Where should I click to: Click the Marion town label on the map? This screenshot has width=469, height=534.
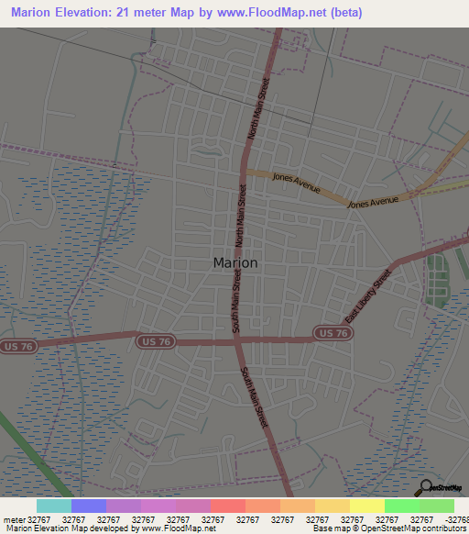pyautogui.click(x=234, y=262)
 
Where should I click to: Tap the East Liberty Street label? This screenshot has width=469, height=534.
pyautogui.click(x=367, y=296)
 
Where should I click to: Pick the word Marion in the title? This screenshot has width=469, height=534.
pyautogui.click(x=37, y=13)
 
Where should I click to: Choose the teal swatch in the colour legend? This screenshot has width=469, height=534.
pyautogui.click(x=54, y=506)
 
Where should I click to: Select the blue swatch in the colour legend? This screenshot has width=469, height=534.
pyautogui.click(x=89, y=506)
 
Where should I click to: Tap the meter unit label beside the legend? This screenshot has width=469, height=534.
pyautogui.click(x=14, y=519)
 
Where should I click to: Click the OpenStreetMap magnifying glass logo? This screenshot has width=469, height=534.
pyautogui.click(x=424, y=486)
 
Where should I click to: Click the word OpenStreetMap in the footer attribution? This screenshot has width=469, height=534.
pyautogui.click(x=388, y=528)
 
